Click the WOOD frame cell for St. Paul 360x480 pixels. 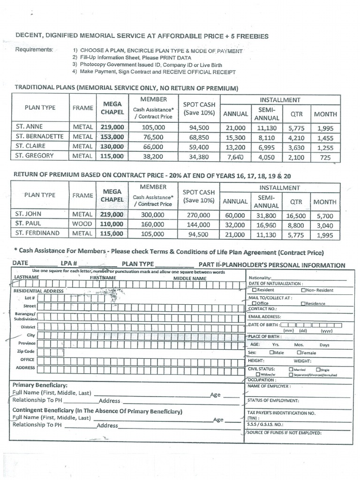[82, 224]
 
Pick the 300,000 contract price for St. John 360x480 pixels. [153, 215]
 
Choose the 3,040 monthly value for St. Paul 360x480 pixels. [325, 225]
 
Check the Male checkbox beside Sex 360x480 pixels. [272, 352]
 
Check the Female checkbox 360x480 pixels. [299, 352]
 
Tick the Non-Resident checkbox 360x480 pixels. [304, 290]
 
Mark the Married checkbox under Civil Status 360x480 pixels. [291, 369]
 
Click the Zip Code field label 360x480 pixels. [26, 351]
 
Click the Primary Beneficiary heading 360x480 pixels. [39, 385]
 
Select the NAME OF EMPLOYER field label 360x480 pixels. [269, 386]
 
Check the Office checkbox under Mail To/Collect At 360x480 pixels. [253, 303]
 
